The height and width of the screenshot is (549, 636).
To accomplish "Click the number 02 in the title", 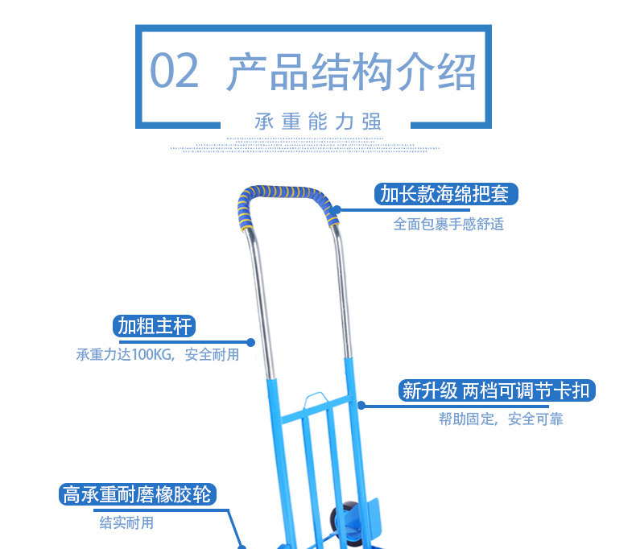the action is [174, 71].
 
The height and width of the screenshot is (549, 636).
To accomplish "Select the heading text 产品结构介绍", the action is [351, 72].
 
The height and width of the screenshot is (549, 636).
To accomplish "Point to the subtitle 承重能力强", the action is [317, 122].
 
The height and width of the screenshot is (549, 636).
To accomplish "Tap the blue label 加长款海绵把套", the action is [445, 195].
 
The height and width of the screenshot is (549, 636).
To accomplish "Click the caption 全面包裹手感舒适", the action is [448, 225].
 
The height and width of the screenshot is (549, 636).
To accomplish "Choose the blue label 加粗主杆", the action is [155, 326].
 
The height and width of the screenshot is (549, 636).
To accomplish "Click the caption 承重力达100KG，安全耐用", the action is [158, 355].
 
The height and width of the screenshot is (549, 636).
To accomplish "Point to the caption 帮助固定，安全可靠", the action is [501, 419].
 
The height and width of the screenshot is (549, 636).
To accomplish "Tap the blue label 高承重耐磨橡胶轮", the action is [138, 493].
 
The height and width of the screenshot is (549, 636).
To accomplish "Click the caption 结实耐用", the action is [126, 523].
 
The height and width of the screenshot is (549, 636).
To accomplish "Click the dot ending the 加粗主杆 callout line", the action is [251, 341].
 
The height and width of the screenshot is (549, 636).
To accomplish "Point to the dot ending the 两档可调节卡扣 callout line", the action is [361, 405].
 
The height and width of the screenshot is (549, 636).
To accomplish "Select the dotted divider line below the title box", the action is [316, 148].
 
